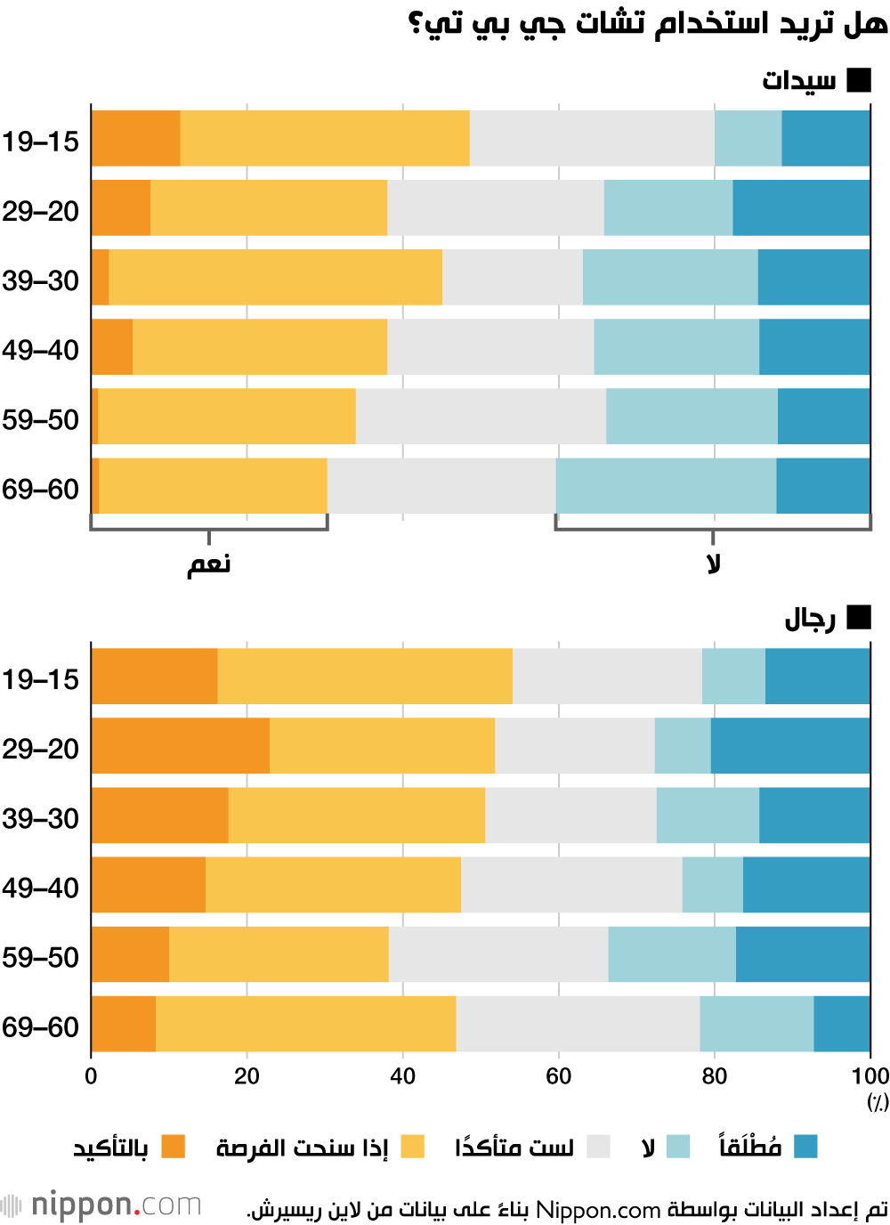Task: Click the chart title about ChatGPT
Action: [x=648, y=23]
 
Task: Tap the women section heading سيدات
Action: [x=799, y=81]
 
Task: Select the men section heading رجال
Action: [x=810, y=619]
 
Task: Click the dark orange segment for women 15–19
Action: [x=135, y=139]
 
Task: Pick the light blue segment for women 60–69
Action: [x=666, y=486]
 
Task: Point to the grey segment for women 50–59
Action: [x=481, y=417]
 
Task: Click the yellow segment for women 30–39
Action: [x=275, y=278]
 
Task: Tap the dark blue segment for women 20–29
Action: [x=801, y=208]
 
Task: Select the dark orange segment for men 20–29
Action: [x=180, y=746]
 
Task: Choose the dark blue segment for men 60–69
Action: [x=842, y=1024]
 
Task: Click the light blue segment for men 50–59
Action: [x=672, y=954]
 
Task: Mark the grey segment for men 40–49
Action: [x=571, y=885]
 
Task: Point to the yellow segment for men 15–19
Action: [x=365, y=677]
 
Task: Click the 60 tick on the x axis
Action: [x=559, y=1076]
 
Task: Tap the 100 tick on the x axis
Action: [x=870, y=1076]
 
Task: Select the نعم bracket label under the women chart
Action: [x=209, y=564]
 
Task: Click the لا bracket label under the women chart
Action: [x=713, y=564]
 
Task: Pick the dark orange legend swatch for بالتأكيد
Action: [x=173, y=1147]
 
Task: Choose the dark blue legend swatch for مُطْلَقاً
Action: [x=805, y=1147]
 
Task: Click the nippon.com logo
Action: [x=102, y=1205]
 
